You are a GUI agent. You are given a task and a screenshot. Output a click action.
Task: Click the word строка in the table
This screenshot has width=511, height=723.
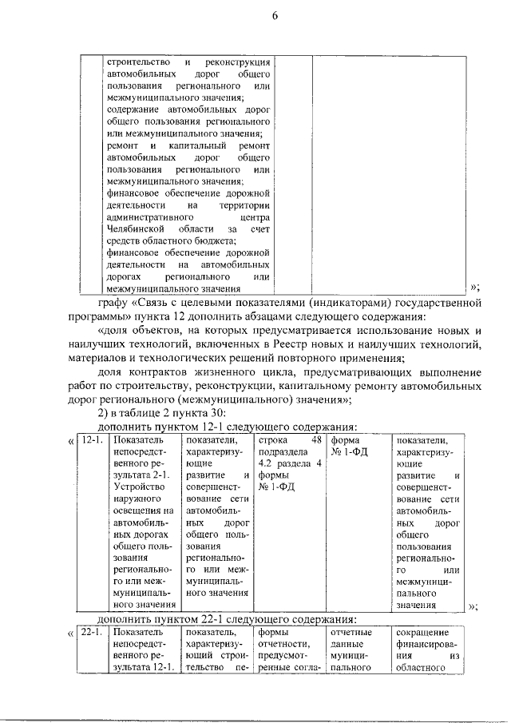tap(273, 440)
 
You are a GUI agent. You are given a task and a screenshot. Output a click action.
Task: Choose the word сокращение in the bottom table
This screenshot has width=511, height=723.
tap(422, 633)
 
